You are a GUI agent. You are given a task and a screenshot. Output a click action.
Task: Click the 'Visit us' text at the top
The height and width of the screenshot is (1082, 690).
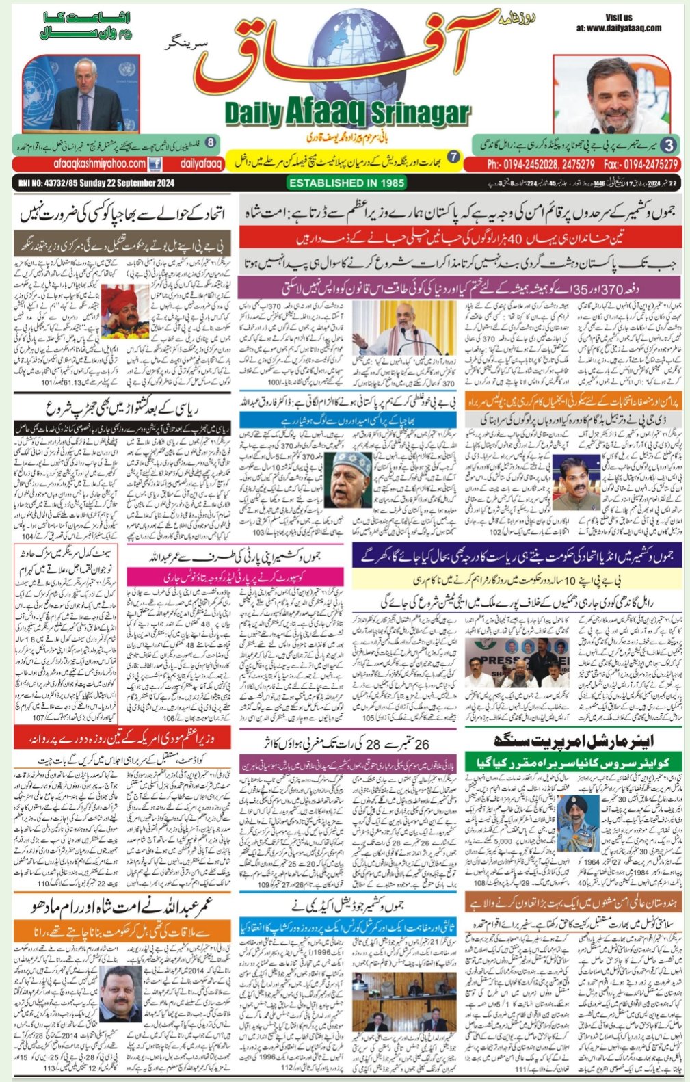pos(618,17)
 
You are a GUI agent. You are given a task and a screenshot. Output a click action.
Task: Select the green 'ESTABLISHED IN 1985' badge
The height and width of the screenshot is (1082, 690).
pos(346,183)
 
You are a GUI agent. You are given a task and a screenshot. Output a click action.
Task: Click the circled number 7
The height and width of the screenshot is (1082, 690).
pos(453,158)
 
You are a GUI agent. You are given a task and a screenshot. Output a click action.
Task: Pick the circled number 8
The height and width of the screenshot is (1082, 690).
pos(211,142)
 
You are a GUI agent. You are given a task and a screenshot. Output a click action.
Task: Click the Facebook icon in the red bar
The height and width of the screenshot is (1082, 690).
pos(155,164)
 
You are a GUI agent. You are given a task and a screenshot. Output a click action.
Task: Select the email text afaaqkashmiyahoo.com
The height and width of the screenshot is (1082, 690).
pos(99,164)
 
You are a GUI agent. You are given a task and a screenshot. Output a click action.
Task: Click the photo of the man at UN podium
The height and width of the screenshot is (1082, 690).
pos(81,94)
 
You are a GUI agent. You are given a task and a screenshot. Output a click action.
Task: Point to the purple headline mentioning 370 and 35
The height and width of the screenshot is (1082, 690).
pos(460,286)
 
